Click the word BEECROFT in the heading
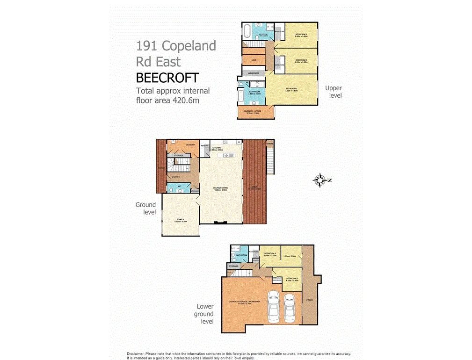pos(167,78)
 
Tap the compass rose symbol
pos(320,180)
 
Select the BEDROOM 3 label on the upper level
pos(301,35)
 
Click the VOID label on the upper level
pos(253,60)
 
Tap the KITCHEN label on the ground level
pos(217,148)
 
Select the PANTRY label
pos(204,145)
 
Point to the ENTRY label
pos(176,177)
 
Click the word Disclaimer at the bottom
pos(136,353)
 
